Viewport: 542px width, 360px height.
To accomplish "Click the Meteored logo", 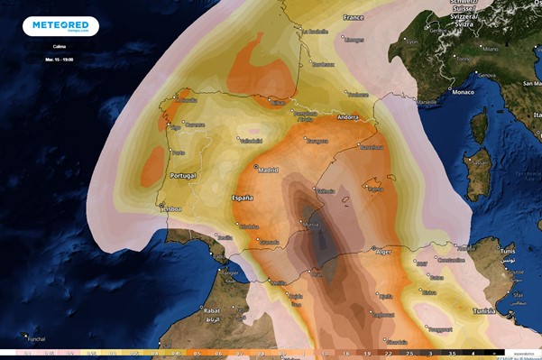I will point(61,26).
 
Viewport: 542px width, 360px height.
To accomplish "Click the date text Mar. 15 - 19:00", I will point(60,59).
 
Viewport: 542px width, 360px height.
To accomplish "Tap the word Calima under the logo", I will point(60,47).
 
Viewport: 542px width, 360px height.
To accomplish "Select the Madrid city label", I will point(268,169).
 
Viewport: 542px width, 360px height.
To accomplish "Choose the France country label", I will point(353,17).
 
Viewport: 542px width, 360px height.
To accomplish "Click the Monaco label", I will point(463,92).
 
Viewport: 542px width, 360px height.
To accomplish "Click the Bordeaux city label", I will point(323,64).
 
